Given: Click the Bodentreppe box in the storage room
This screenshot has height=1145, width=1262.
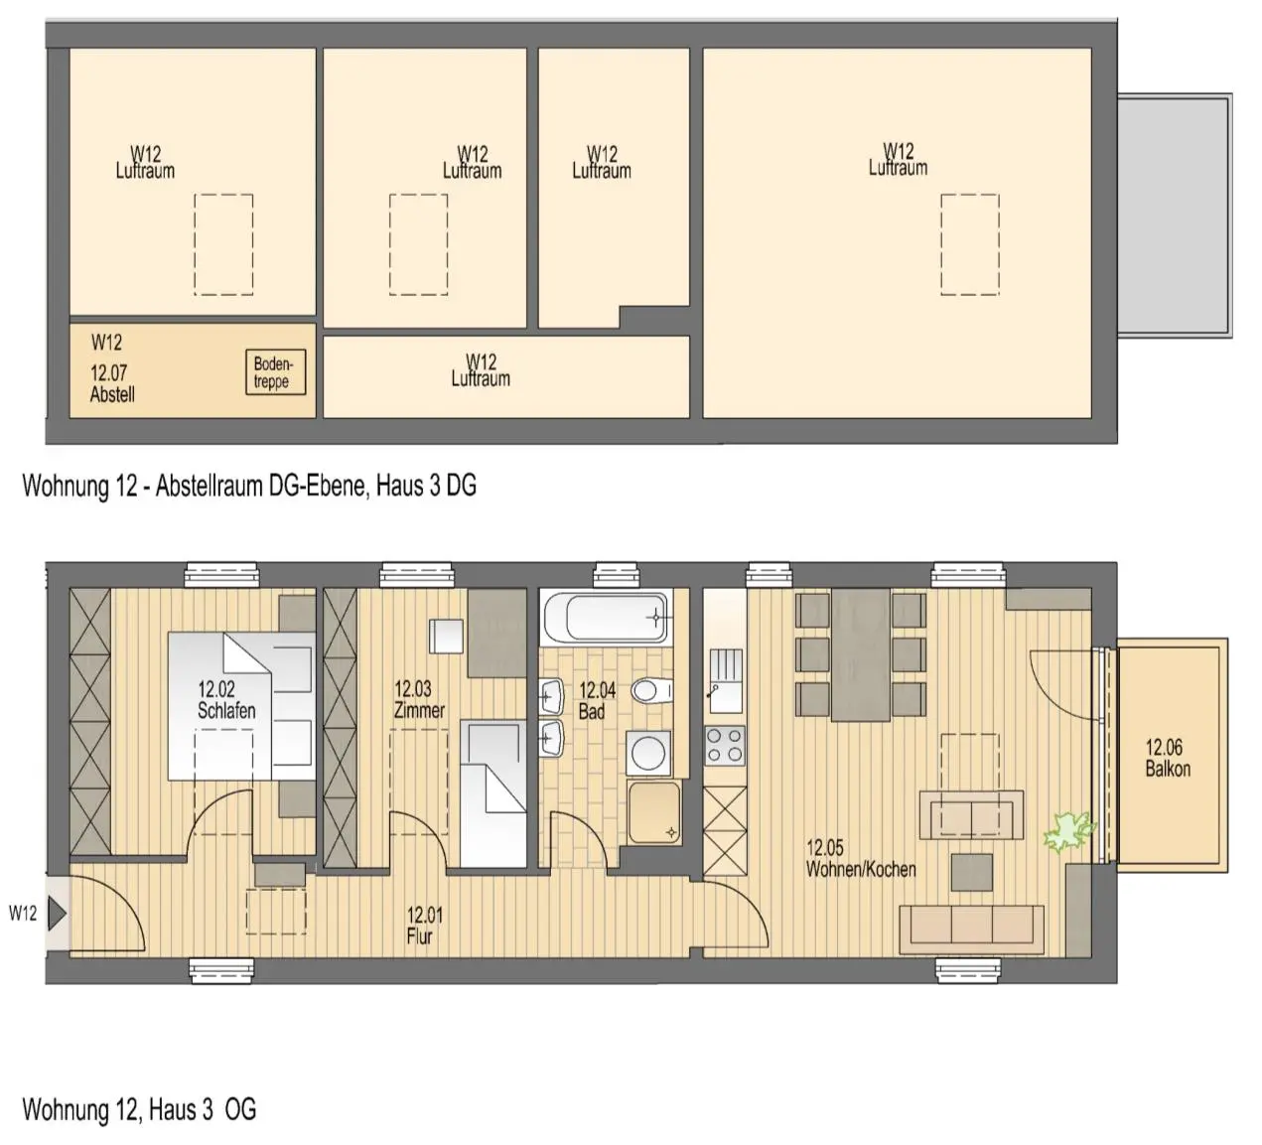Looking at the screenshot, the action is click(x=276, y=372).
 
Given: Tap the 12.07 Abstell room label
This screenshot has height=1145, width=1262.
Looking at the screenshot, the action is click(x=112, y=383).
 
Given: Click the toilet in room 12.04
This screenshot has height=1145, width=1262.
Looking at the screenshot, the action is click(x=651, y=691).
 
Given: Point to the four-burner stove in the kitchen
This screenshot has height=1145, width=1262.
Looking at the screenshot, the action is click(x=725, y=745).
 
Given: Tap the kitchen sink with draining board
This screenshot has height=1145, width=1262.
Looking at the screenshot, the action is click(x=726, y=681).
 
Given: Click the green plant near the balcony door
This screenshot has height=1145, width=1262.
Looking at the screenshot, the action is click(x=1068, y=830).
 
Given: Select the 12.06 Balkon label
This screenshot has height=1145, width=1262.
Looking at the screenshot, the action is click(x=1167, y=758).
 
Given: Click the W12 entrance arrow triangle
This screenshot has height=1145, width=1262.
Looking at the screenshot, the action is click(x=57, y=914).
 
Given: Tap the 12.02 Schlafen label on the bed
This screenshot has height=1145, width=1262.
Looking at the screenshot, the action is click(x=225, y=699).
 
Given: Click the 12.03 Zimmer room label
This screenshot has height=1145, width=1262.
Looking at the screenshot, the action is click(x=419, y=699).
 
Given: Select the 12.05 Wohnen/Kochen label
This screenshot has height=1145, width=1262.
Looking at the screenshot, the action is click(x=860, y=859).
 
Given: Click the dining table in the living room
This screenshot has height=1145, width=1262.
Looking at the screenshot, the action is click(x=861, y=654).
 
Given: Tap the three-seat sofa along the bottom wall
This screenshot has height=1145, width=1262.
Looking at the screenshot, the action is click(x=971, y=930).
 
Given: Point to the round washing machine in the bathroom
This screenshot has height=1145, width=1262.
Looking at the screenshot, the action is click(x=648, y=753).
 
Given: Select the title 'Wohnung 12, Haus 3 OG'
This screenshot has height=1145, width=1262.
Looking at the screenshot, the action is click(x=139, y=1109).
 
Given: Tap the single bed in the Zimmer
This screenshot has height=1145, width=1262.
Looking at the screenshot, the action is click(x=492, y=794).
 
